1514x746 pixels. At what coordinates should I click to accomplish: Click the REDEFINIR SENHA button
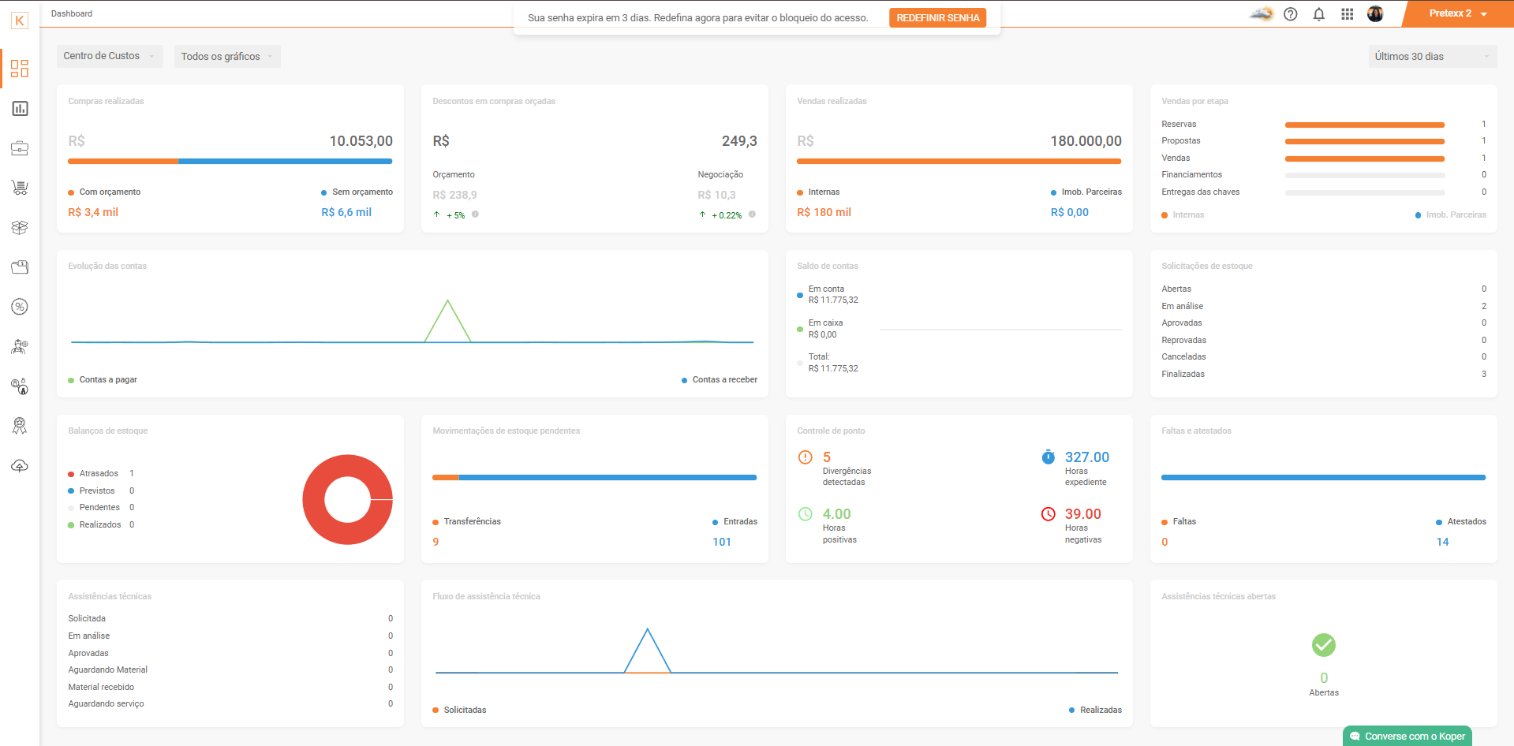pos(937,18)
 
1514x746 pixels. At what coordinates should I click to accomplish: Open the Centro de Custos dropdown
pos(110,56)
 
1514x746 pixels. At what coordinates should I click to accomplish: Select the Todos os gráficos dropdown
pos(227,56)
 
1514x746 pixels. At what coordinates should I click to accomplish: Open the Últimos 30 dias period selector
pos(1432,56)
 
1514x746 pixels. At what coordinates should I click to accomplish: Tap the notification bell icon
pos(1319,14)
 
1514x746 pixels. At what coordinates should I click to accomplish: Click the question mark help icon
pos(1291,14)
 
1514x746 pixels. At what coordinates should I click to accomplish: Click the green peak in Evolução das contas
pos(448,300)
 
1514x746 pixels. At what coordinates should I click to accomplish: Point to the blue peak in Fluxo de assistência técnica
pos(648,629)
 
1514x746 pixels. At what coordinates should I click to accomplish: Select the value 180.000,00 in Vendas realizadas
pos(1086,141)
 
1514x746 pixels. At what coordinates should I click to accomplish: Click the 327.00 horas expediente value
pos(1086,457)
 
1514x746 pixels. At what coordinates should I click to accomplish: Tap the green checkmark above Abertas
pos(1324,645)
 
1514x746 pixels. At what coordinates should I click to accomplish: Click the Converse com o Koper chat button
pos(1407,736)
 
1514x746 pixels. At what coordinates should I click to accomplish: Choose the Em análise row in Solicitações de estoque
pos(1324,306)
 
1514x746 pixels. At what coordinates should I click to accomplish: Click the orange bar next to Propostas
pos(1365,141)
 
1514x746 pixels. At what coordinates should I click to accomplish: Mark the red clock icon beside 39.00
pos(1048,514)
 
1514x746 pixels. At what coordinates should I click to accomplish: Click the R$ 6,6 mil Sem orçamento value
pos(346,212)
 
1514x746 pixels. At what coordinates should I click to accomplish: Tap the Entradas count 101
pos(722,542)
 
